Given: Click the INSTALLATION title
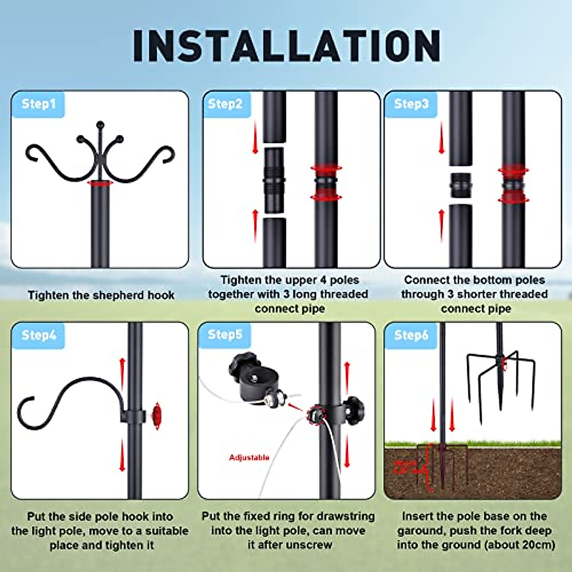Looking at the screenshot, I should pos(286,46).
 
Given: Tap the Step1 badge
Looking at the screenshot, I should pos(38,104).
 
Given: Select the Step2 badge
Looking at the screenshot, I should pos(225,104).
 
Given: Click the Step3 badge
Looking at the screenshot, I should pos(411,104).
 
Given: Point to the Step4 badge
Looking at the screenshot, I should pos(39,335).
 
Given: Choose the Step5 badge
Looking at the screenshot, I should pos(225,335).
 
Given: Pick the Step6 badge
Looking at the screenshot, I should pos(411,335).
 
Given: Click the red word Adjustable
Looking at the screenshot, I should pos(249,458).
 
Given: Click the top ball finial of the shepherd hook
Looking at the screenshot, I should pos(100,125).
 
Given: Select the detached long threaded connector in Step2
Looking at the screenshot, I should pos(274,180).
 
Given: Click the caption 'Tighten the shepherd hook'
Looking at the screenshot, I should pos(101,296).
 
